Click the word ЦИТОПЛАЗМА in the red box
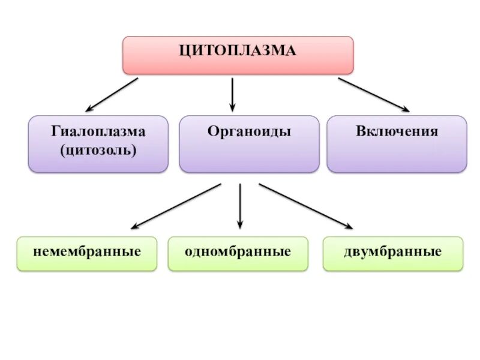(x=238, y=51)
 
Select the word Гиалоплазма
(x=98, y=131)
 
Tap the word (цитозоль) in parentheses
(x=98, y=149)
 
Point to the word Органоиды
(x=249, y=131)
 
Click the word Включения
(x=397, y=131)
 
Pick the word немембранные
(x=87, y=251)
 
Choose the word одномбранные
(x=238, y=251)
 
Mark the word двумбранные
(x=393, y=251)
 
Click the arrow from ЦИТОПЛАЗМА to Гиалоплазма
(x=112, y=95)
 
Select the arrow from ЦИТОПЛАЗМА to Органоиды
(x=233, y=94)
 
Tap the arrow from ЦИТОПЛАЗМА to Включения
(x=373, y=95)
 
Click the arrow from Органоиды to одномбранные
(x=240, y=206)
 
